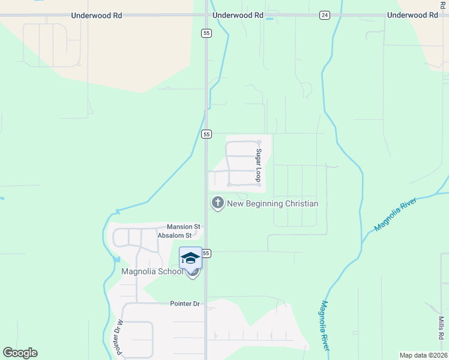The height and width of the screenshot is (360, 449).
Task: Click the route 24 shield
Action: (324, 15)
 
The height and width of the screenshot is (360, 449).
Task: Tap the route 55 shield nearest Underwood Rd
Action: (206, 34)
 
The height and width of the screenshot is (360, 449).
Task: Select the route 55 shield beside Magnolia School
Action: (206, 253)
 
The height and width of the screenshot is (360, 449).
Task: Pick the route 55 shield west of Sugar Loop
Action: (206, 134)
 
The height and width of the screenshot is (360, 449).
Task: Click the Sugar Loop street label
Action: (259, 166)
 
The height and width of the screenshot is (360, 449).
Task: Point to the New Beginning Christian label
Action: (273, 203)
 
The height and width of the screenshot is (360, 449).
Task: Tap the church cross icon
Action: (217, 203)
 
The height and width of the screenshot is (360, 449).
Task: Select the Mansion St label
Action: (183, 227)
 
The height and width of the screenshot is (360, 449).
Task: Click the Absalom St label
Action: (174, 236)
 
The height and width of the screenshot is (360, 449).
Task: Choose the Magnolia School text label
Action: (152, 271)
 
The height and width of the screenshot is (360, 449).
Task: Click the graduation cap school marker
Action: (190, 258)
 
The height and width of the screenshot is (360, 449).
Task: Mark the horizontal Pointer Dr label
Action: (184, 304)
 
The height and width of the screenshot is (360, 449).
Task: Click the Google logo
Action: (20, 353)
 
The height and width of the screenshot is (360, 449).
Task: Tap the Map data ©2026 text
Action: (423, 355)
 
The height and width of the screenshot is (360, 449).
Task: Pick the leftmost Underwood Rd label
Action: (96, 15)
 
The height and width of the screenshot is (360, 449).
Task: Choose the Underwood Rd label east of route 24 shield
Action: (412, 15)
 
